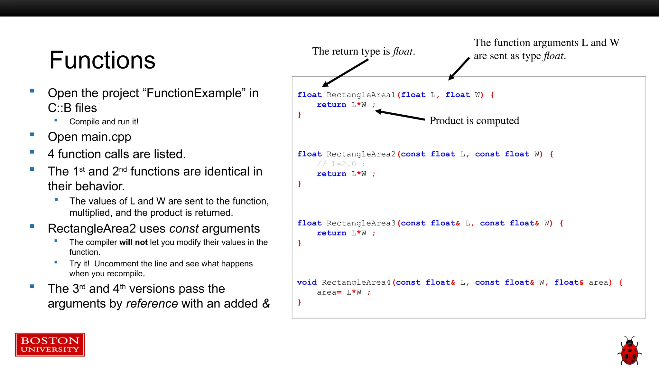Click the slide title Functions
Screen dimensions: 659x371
pos(102,60)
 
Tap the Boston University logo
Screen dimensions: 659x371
pos(50,345)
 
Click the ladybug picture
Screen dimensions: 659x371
pos(629,351)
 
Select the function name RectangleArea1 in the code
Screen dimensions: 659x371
pos(361,95)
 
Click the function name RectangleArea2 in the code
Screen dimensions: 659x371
pos(361,154)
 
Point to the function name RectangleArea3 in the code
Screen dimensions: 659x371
pos(361,223)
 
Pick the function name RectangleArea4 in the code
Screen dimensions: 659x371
pos(356,282)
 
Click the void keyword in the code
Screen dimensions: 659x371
pos(307,282)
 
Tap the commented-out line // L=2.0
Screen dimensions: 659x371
pos(341,164)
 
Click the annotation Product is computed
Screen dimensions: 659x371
pos(474,120)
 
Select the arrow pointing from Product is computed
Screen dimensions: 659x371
pos(400,115)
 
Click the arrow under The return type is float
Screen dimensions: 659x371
pos(345,73)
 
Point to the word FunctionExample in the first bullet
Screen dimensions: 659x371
pos(194,93)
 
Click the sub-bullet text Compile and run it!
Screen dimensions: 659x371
pos(104,122)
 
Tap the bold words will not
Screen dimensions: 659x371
pos(133,243)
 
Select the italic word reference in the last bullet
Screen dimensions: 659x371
pos(152,304)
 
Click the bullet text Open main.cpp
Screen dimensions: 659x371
pos(89,137)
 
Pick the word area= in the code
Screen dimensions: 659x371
pos(329,292)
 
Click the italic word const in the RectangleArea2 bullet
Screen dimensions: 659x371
pos(184,229)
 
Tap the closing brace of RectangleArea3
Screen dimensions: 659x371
pos(300,243)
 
